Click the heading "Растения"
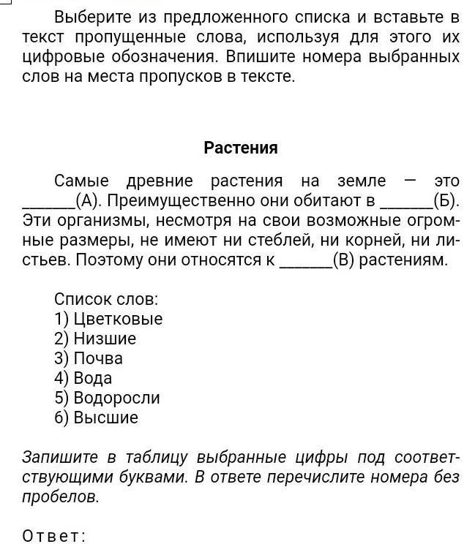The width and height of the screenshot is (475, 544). [x=241, y=148]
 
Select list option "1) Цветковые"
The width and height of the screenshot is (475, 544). [x=108, y=319]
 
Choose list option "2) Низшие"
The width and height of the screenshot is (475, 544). [x=95, y=339]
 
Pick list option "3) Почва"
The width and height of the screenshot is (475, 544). [x=89, y=358]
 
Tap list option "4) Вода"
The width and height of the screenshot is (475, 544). [x=83, y=378]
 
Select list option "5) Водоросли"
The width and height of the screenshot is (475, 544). [x=107, y=398]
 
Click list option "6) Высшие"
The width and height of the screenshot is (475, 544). [x=96, y=418]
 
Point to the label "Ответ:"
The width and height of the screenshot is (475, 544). [x=54, y=536]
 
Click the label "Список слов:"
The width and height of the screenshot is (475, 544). [x=106, y=299]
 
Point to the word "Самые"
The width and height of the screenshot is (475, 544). [x=81, y=181]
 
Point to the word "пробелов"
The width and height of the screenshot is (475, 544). [x=61, y=497]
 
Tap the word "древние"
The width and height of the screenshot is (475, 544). [x=159, y=181]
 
